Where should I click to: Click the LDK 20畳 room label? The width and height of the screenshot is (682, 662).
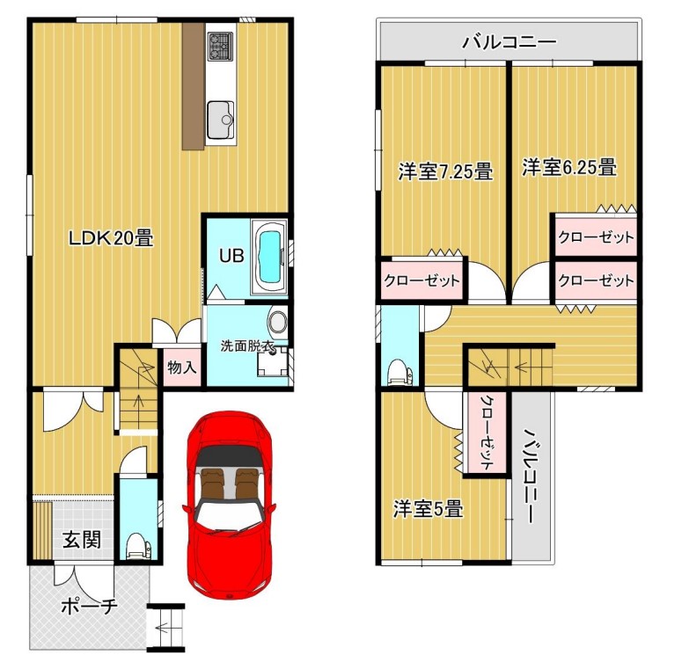112,237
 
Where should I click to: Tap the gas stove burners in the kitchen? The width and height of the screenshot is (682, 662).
222,46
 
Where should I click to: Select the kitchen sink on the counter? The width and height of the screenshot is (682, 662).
221,119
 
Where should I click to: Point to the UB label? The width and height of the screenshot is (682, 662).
231,256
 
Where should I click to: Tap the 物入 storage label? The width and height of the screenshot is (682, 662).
182,367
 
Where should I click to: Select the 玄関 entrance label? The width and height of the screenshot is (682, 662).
81,540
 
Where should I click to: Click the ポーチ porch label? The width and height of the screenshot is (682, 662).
89,606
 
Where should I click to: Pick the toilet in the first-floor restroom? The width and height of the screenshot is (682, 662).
138,545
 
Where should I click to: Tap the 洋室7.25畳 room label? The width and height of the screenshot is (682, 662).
445,171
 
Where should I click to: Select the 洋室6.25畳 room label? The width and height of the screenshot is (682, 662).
569,167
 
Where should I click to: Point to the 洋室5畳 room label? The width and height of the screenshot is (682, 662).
428,508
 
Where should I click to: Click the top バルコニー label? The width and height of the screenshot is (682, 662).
510,42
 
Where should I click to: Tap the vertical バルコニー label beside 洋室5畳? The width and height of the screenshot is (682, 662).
531,476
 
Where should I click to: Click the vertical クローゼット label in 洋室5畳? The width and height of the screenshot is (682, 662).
487,432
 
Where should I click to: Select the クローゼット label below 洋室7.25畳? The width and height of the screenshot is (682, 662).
422,280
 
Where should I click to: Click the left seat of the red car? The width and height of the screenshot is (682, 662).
211,484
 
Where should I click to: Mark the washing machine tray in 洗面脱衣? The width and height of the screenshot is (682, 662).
272,360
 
